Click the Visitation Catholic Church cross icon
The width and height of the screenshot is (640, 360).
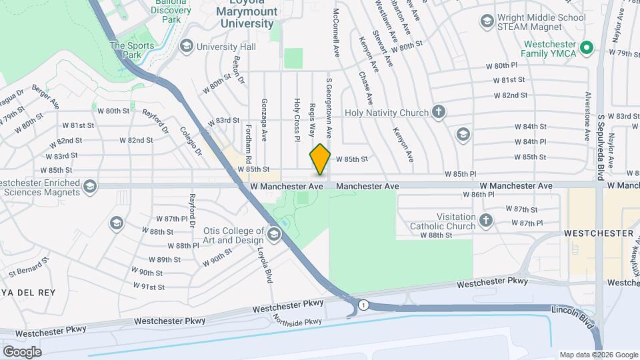tap(487, 219)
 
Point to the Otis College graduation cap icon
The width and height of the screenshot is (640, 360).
tap(274, 234)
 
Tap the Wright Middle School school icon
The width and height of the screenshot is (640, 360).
tap(488, 23)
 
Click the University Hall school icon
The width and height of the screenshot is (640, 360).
tap(185, 46)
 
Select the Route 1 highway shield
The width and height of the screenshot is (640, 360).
tap(362, 305)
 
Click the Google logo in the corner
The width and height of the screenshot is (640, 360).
tap(22, 351)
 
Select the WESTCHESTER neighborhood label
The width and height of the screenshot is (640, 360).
tap(598, 234)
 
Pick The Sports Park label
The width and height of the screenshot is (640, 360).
tap(132, 51)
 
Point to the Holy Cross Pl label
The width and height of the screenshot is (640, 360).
tap(297, 121)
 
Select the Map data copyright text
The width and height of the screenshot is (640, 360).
tap(598, 355)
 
